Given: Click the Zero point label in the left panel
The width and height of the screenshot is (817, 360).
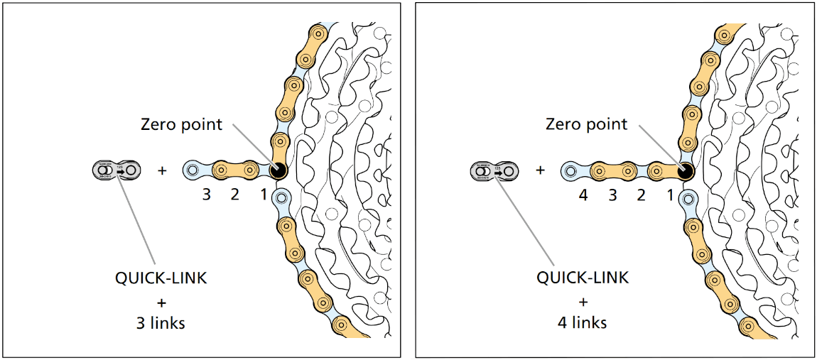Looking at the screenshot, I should click(181, 125).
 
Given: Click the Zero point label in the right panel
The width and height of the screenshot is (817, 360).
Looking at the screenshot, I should click(586, 124).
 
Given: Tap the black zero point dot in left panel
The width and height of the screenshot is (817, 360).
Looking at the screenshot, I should click(277, 170).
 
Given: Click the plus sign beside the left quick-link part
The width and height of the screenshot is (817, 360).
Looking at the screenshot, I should click(162, 170).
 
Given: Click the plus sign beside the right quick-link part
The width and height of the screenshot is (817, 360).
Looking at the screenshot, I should click(541, 170).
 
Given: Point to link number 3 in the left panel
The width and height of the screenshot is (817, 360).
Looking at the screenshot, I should click(206, 194).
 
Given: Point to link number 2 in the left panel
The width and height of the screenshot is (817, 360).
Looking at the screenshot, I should click(234, 194).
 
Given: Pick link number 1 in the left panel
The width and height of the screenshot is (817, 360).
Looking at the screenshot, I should click(263, 194).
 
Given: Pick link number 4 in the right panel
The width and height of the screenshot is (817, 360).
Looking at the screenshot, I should click(583, 194).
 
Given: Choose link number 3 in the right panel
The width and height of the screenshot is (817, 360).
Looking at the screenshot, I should click(612, 194).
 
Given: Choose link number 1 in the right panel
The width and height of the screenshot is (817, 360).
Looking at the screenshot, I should click(669, 194).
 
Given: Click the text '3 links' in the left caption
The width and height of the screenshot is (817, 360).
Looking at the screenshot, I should click(161, 322).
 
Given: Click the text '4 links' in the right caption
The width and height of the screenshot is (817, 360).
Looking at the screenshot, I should click(582, 322).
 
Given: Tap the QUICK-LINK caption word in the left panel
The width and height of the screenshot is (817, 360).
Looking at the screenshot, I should click(161, 278).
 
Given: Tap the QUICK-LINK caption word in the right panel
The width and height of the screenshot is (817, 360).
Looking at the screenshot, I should click(583, 278).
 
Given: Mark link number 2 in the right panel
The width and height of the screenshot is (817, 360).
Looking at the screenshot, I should click(641, 194).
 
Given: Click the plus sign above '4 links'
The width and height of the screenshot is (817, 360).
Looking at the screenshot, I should click(583, 300).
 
